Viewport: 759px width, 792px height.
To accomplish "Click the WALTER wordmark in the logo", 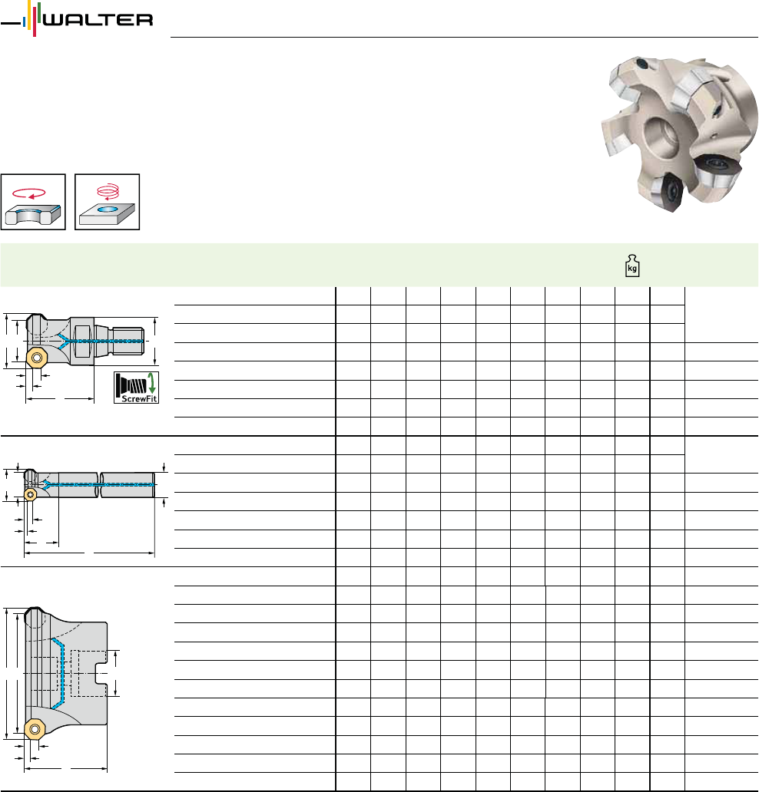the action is (98, 20).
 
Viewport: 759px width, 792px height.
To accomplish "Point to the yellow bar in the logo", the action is (29, 15).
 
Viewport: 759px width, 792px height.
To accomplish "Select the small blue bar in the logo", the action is (25, 22).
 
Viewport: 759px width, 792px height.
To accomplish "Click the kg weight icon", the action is (632, 266).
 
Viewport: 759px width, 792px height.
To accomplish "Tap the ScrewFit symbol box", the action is (136, 388).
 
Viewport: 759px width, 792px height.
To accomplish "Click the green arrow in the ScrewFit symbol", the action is (151, 384).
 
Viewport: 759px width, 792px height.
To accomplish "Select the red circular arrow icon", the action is (29, 193).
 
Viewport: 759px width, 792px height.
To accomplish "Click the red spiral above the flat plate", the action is (108, 192).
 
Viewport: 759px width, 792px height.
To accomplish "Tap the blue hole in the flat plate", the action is (108, 209).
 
